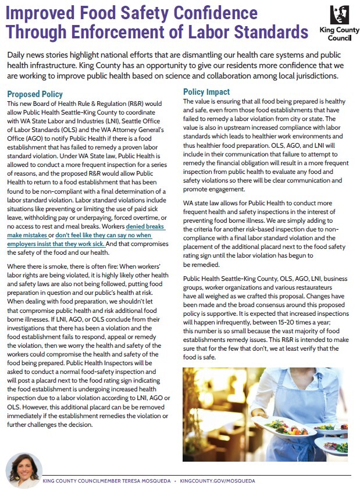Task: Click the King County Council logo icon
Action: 339,15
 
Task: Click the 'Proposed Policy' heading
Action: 34,94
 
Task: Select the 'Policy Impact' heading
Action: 206,92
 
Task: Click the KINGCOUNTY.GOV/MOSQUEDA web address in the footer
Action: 217,481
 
